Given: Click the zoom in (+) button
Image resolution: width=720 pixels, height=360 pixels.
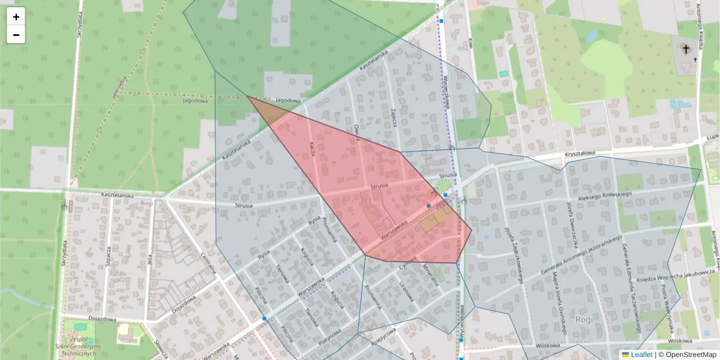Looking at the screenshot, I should [16, 17].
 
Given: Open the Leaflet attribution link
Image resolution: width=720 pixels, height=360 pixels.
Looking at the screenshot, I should [641, 355].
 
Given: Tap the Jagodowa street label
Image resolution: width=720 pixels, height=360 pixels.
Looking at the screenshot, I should [287, 101].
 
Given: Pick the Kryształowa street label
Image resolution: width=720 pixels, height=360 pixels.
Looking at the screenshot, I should [579, 154].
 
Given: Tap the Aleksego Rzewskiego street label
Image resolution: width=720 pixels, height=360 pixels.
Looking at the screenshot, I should [605, 196].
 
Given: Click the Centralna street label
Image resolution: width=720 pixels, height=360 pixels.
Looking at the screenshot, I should [208, 263].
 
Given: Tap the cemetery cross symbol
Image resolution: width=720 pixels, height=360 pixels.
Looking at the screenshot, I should [686, 50].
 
